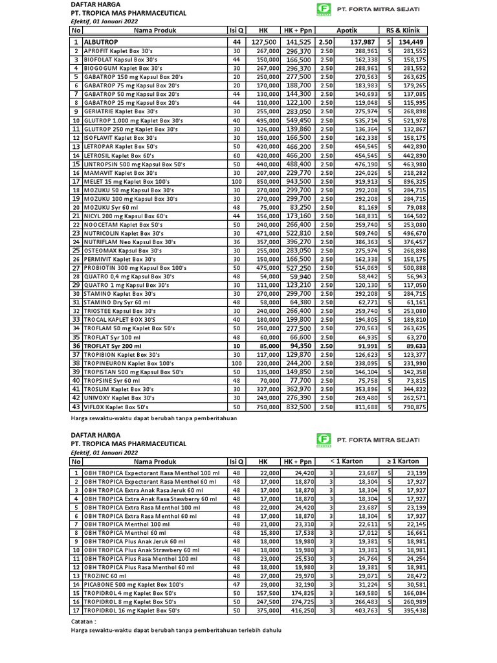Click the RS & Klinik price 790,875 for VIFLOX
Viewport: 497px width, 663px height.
tap(413, 407)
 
